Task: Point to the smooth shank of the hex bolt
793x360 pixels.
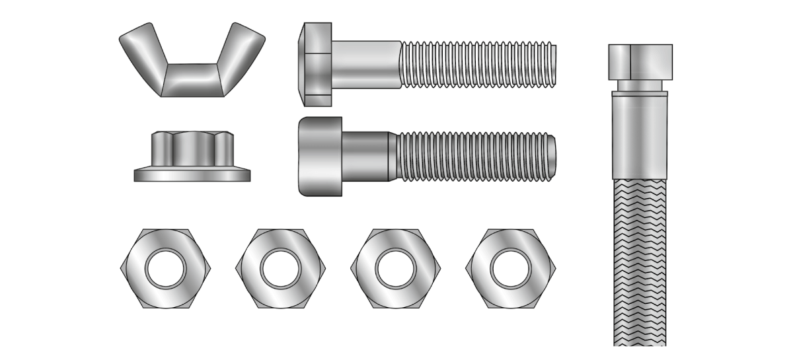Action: tap(367, 63)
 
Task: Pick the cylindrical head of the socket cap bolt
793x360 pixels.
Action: tap(321, 157)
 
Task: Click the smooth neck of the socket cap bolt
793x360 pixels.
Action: tap(365, 157)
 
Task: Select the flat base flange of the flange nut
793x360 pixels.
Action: tap(192, 176)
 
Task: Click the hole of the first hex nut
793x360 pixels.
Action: tap(165, 268)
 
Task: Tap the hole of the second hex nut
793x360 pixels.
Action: tap(280, 268)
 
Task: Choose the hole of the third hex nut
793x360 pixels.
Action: tap(395, 268)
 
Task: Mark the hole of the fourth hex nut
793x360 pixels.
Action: tap(510, 268)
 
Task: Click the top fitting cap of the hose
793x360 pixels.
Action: tap(640, 61)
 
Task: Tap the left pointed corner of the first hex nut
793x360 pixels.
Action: tap(122, 268)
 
